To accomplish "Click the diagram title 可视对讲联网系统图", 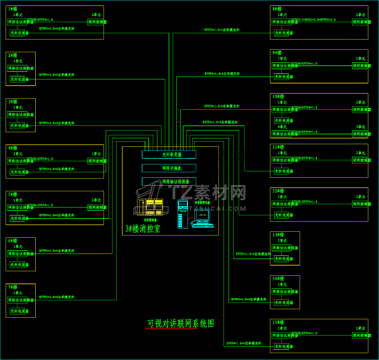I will click(x=181, y=324).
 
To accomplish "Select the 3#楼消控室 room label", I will click(x=143, y=229).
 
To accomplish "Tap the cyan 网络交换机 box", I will click(x=169, y=168).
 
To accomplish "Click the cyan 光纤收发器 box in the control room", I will click(x=169, y=155).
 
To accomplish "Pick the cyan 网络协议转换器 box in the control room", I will click(x=169, y=181).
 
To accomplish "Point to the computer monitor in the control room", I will click(x=202, y=215).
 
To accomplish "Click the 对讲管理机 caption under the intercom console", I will click(x=150, y=220).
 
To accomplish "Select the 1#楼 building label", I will click(x=13, y=9).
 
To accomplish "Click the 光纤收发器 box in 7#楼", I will click(x=17, y=311).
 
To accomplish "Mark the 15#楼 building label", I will click(x=278, y=322).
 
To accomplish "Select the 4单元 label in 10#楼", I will click(x=282, y=127).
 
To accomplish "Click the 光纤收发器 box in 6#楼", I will click(x=17, y=265).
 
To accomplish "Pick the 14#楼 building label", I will click(x=278, y=278).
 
